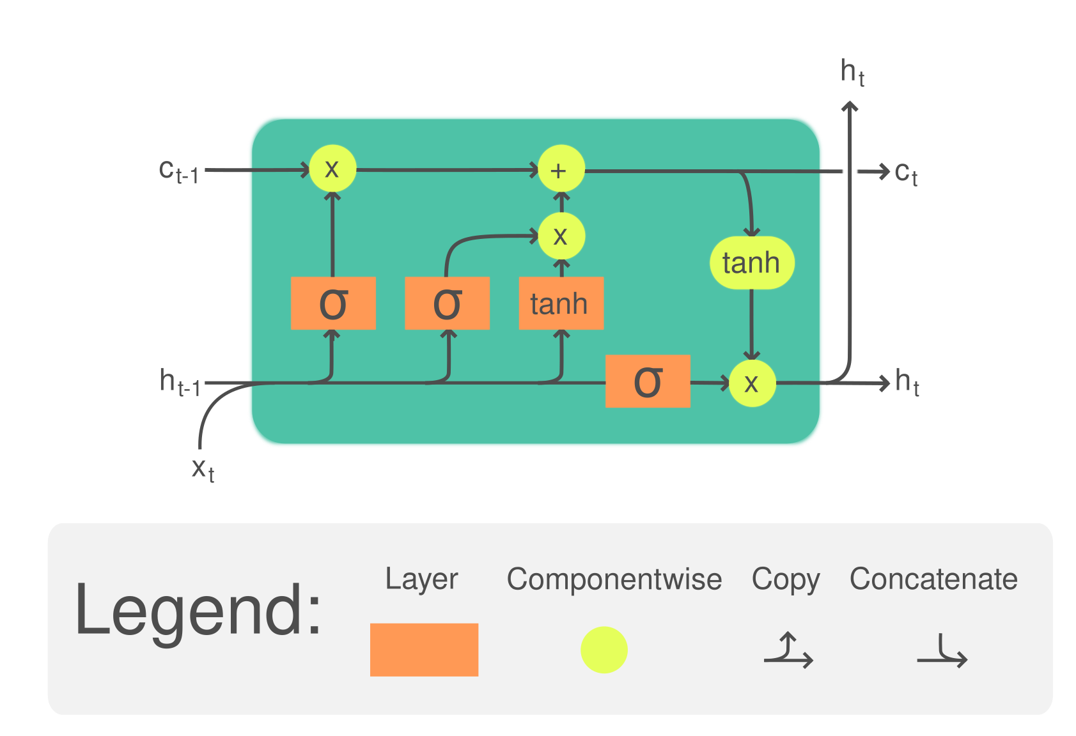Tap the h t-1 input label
point(180,382)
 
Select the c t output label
point(906,173)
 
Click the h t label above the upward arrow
point(853,72)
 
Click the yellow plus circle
point(561,169)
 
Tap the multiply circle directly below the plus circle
point(561,236)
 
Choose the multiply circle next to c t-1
point(332,169)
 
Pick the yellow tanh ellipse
point(752,263)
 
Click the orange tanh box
point(561,303)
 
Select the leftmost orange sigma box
point(333,303)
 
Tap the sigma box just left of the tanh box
point(447,303)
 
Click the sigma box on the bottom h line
point(648,381)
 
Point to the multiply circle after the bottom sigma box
point(752,383)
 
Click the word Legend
point(198,612)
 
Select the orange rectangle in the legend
point(424,650)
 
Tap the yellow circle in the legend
point(604,650)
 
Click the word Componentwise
point(614,579)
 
